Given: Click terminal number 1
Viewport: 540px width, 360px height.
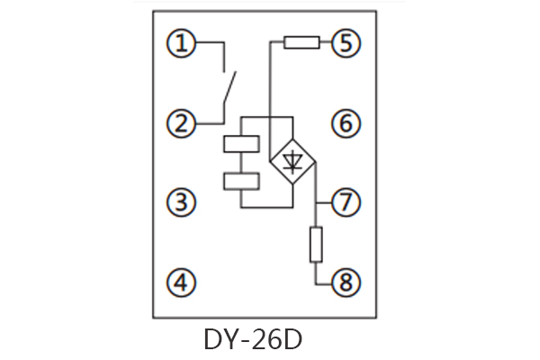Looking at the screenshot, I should tap(183, 42).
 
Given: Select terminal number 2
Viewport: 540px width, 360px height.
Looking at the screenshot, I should tap(183, 122).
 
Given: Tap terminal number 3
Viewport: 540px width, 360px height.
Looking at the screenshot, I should tap(183, 202).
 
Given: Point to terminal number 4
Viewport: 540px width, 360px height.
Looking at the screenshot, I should tap(183, 283).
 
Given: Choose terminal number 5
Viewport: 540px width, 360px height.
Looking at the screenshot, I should tap(345, 42).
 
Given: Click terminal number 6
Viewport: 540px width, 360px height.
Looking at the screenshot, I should tap(345, 122).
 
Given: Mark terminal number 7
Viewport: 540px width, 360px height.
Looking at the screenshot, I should tap(345, 202).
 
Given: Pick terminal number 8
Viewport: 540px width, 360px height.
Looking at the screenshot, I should tap(345, 283).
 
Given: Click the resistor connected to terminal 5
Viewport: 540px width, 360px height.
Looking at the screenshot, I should tap(301, 41).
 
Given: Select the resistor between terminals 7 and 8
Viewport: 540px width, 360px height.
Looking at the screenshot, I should tap(316, 244).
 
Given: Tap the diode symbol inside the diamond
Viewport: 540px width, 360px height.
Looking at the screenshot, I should tap(292, 162).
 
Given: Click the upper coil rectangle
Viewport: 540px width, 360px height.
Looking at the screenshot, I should tap(240, 144).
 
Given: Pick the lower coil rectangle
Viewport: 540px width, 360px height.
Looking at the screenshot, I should tap(240, 181).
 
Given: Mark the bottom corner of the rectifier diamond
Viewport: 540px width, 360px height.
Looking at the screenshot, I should tap(292, 186).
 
